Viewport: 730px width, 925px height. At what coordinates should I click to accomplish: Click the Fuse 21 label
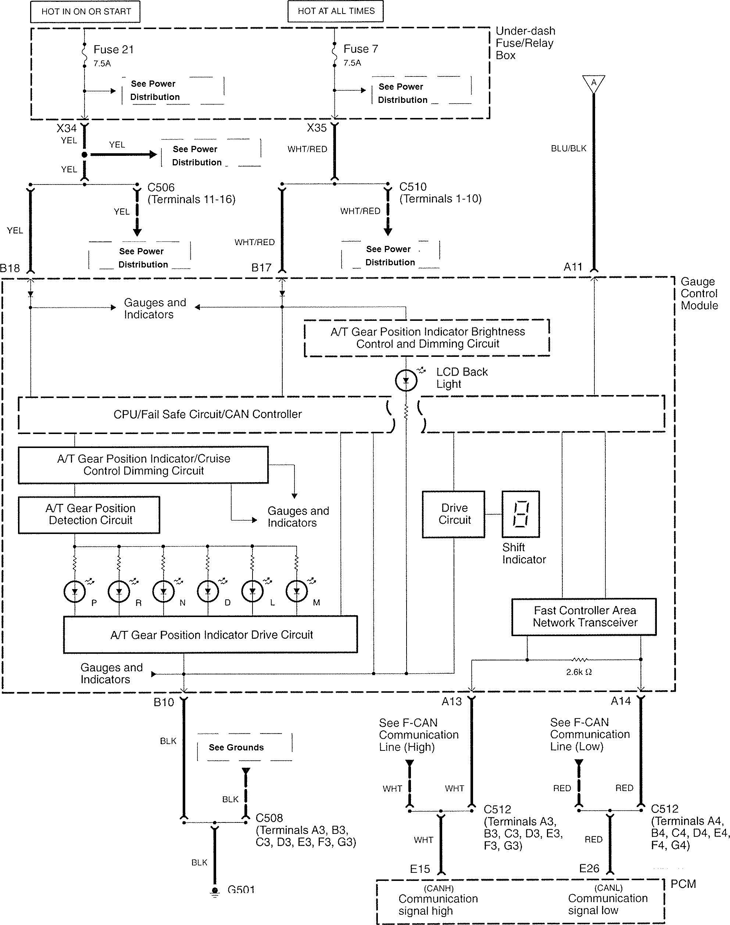pyautogui.click(x=113, y=50)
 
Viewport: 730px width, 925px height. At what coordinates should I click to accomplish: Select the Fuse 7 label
pyautogui.click(x=360, y=49)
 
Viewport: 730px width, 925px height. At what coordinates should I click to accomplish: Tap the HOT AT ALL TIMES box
pyautogui.click(x=336, y=11)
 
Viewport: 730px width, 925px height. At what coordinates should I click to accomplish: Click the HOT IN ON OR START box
pyautogui.click(x=86, y=11)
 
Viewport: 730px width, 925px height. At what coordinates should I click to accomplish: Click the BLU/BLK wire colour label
pyautogui.click(x=568, y=148)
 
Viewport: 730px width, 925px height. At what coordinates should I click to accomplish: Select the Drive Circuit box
pyautogui.click(x=454, y=514)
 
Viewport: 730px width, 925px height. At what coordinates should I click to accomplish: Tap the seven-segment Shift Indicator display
pyautogui.click(x=520, y=514)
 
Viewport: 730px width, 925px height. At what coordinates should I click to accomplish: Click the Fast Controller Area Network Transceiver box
pyautogui.click(x=584, y=617)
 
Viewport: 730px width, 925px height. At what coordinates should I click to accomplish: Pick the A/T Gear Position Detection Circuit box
pyautogui.click(x=89, y=515)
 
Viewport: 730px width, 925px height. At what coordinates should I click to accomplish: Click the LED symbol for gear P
pyautogui.click(x=75, y=592)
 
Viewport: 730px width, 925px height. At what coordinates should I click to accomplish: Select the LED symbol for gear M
pyautogui.click(x=297, y=592)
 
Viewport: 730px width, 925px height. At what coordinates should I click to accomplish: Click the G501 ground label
pyautogui.click(x=241, y=890)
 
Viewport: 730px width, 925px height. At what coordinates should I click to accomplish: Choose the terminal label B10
pyautogui.click(x=164, y=702)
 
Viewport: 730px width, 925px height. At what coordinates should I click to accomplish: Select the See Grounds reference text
pyautogui.click(x=236, y=747)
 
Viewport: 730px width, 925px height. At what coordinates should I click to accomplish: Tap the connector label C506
pyautogui.click(x=161, y=187)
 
